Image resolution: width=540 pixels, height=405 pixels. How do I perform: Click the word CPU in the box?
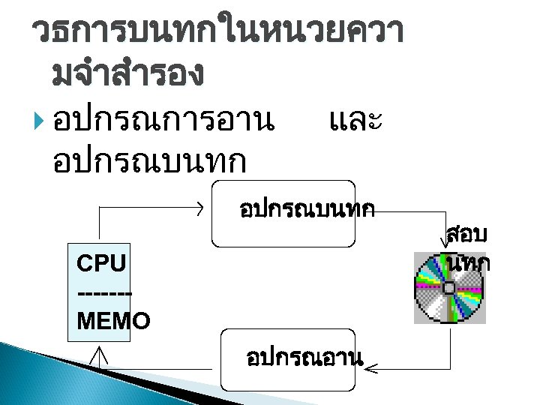click(101, 263)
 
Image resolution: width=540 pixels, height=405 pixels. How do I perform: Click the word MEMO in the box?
click(113, 321)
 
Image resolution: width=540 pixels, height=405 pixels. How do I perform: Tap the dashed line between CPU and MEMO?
click(104, 292)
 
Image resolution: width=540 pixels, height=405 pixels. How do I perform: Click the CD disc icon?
click(449, 289)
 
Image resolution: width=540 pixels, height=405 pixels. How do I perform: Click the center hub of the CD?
click(448, 288)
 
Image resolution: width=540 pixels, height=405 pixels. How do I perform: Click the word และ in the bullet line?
click(356, 120)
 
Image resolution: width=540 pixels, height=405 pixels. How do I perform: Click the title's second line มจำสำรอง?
click(128, 73)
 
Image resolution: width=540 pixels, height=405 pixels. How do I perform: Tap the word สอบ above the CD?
click(466, 235)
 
